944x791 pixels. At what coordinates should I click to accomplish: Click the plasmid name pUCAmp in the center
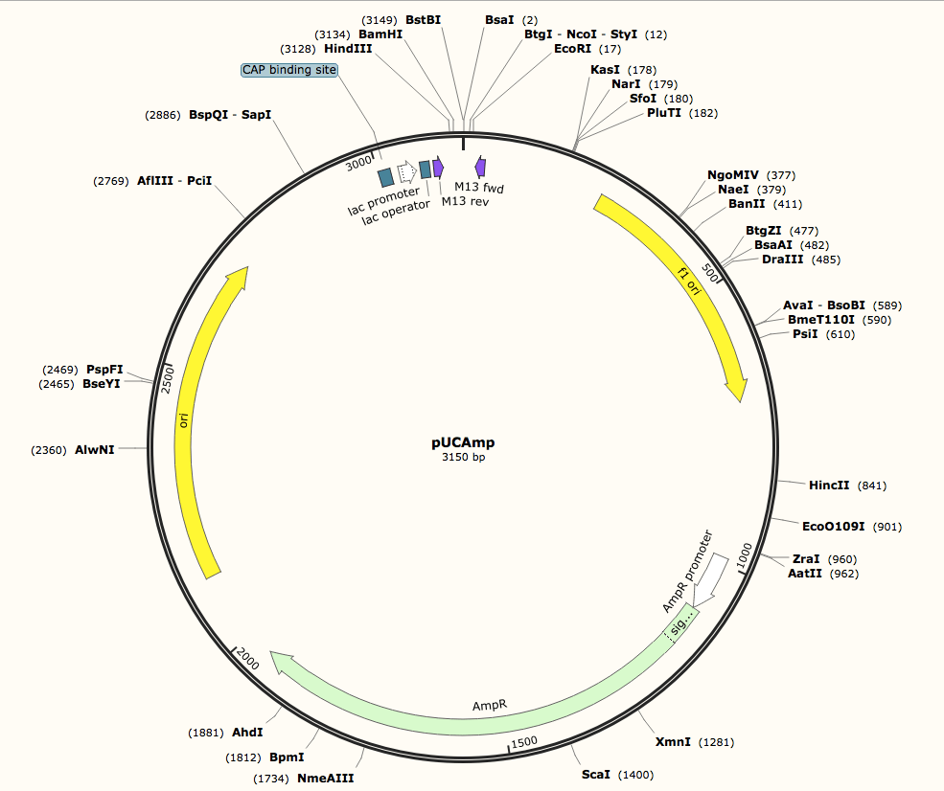463,442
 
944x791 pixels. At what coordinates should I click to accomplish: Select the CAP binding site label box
289,70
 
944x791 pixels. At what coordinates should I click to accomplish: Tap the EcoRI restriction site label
573,48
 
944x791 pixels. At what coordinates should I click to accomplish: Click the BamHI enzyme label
380,34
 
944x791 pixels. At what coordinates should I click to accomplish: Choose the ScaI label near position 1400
595,774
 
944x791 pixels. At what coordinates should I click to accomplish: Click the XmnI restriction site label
673,742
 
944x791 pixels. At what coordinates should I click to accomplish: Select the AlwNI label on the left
94,449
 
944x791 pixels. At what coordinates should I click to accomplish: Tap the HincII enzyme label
829,486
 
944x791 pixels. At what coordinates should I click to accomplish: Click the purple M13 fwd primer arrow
480,167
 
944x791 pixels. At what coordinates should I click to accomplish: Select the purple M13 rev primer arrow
438,168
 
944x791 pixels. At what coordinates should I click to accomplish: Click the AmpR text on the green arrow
489,705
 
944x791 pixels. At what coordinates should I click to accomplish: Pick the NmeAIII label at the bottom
325,779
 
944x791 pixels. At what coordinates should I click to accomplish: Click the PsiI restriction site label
804,334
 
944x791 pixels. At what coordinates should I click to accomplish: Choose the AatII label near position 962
805,574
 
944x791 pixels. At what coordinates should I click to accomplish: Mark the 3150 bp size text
463,458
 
